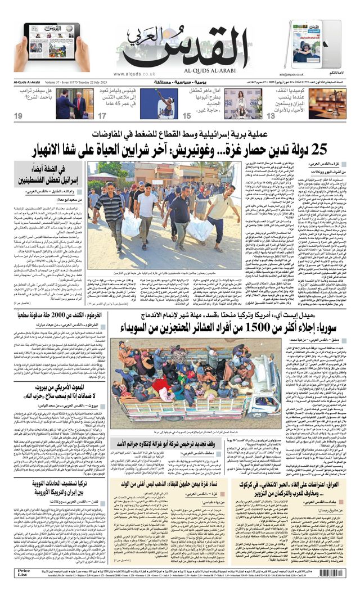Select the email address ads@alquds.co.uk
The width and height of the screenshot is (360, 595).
(x=291, y=74)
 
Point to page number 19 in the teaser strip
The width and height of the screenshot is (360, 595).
(x=19, y=115)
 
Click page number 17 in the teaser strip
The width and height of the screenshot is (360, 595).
(x=102, y=115)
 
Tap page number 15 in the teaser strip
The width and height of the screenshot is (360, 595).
(x=186, y=115)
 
